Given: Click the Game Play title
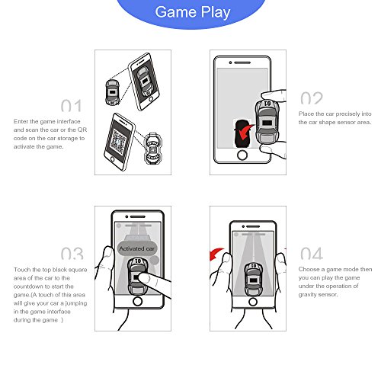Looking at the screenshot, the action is [193, 12].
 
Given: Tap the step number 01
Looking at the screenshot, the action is [72, 106].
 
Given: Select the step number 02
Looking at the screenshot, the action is [312, 98].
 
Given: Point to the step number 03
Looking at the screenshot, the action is [72, 253].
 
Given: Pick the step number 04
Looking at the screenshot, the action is [312, 253].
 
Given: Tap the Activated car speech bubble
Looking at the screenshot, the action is [137, 248].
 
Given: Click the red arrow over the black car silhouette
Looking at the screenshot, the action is [245, 132].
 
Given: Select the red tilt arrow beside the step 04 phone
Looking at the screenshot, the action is [216, 254].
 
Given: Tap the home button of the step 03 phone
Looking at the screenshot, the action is [137, 301].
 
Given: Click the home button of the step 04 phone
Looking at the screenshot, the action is [253, 302].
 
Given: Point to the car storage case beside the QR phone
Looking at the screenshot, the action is [153, 148].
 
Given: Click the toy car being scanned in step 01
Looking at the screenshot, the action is [112, 92].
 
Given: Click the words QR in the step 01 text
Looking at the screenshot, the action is [82, 130].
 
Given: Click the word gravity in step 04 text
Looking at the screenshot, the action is [306, 295].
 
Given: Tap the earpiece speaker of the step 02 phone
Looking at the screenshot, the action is [242, 62].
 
